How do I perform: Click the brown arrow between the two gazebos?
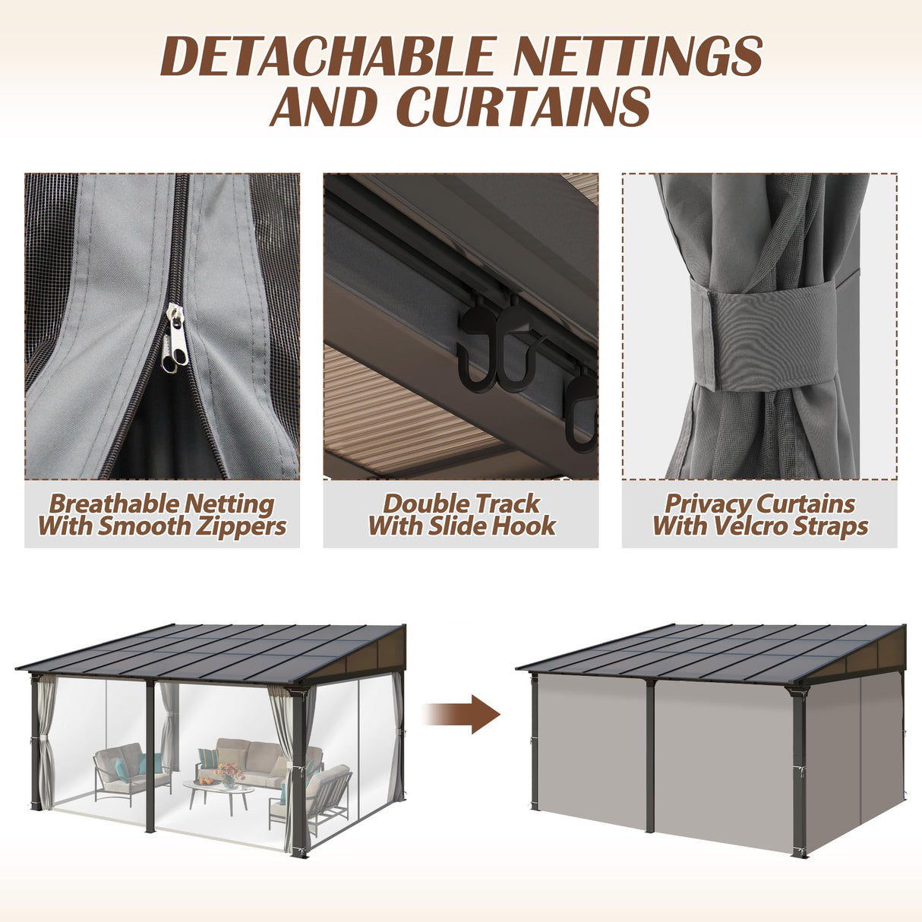[463, 714]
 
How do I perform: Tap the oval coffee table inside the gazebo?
[219, 791]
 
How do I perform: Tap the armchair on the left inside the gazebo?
[122, 771]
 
